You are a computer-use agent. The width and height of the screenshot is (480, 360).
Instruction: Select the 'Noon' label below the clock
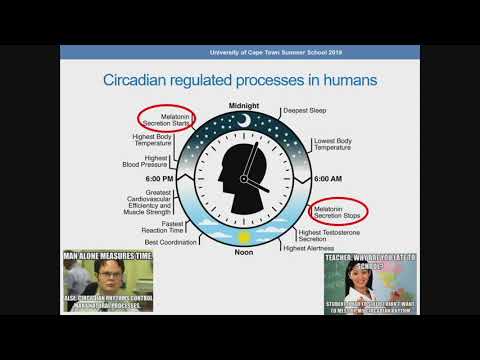243,252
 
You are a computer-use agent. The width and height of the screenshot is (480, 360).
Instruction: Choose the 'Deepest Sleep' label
304,111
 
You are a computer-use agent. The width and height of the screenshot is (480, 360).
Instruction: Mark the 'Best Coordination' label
173,242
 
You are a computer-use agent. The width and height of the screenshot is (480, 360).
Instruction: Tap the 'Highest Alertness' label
308,248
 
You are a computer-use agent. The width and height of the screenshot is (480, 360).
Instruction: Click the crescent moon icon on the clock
243,121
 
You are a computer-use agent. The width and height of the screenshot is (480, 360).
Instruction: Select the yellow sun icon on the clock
243,236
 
